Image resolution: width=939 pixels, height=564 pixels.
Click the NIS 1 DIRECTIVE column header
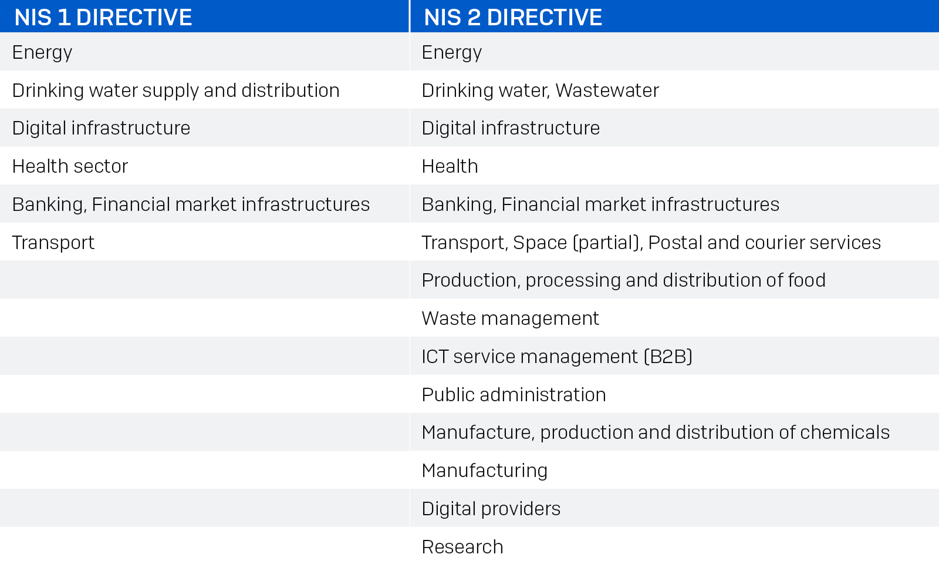point(103,17)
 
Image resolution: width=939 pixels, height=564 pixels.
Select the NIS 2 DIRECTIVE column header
point(513,17)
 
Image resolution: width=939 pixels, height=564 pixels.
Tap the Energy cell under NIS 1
point(42,52)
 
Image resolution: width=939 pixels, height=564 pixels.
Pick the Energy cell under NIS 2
point(452,52)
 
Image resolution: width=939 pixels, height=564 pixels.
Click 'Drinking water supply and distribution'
point(175,90)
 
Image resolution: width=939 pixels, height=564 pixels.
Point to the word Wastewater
point(607,90)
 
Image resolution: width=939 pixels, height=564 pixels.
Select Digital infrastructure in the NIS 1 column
point(101,128)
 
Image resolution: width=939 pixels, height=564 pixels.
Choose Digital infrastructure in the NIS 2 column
point(511,128)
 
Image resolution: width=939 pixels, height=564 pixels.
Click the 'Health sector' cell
point(70,166)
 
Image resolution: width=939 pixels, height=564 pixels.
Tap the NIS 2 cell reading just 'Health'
point(450,166)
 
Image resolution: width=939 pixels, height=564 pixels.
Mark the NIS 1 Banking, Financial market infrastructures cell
point(191,204)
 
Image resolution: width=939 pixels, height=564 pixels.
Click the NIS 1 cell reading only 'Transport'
point(53,243)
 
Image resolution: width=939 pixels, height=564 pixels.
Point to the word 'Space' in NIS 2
point(540,243)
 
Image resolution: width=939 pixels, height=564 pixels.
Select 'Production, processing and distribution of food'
point(623,280)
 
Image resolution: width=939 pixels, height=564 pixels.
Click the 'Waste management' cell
point(510,318)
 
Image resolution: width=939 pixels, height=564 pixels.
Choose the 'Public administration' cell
point(514,395)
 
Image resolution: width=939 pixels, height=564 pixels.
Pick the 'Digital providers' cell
point(491,509)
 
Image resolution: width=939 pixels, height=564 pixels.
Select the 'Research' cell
point(462,547)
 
